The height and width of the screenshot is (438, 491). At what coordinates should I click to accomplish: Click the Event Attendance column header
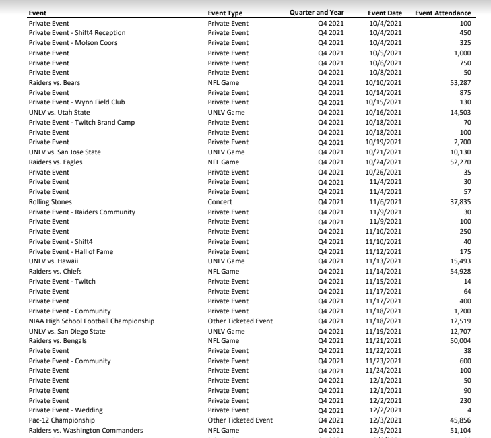point(443,13)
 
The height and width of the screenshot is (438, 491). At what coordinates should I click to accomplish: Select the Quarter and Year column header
point(316,13)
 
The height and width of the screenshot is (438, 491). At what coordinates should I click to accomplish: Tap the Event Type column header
point(225,13)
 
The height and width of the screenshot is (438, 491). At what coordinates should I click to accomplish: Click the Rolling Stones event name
point(50,201)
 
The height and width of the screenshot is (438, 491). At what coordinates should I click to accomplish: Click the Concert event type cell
point(220,201)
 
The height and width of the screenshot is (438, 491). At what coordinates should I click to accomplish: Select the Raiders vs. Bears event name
point(54,82)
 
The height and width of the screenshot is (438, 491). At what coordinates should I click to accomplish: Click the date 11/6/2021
point(386,201)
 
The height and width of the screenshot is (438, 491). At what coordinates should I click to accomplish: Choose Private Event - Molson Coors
point(73,42)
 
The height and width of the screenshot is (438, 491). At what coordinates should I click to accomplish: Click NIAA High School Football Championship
point(92,321)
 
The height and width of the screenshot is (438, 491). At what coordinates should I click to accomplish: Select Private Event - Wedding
point(65,410)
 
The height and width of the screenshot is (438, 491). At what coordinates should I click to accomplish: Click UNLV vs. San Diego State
point(67,331)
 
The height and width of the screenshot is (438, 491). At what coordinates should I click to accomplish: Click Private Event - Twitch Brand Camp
point(81,122)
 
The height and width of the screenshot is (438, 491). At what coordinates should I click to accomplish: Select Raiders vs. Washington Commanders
point(86,430)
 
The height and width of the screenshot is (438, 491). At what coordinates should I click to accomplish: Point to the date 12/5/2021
point(386,430)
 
